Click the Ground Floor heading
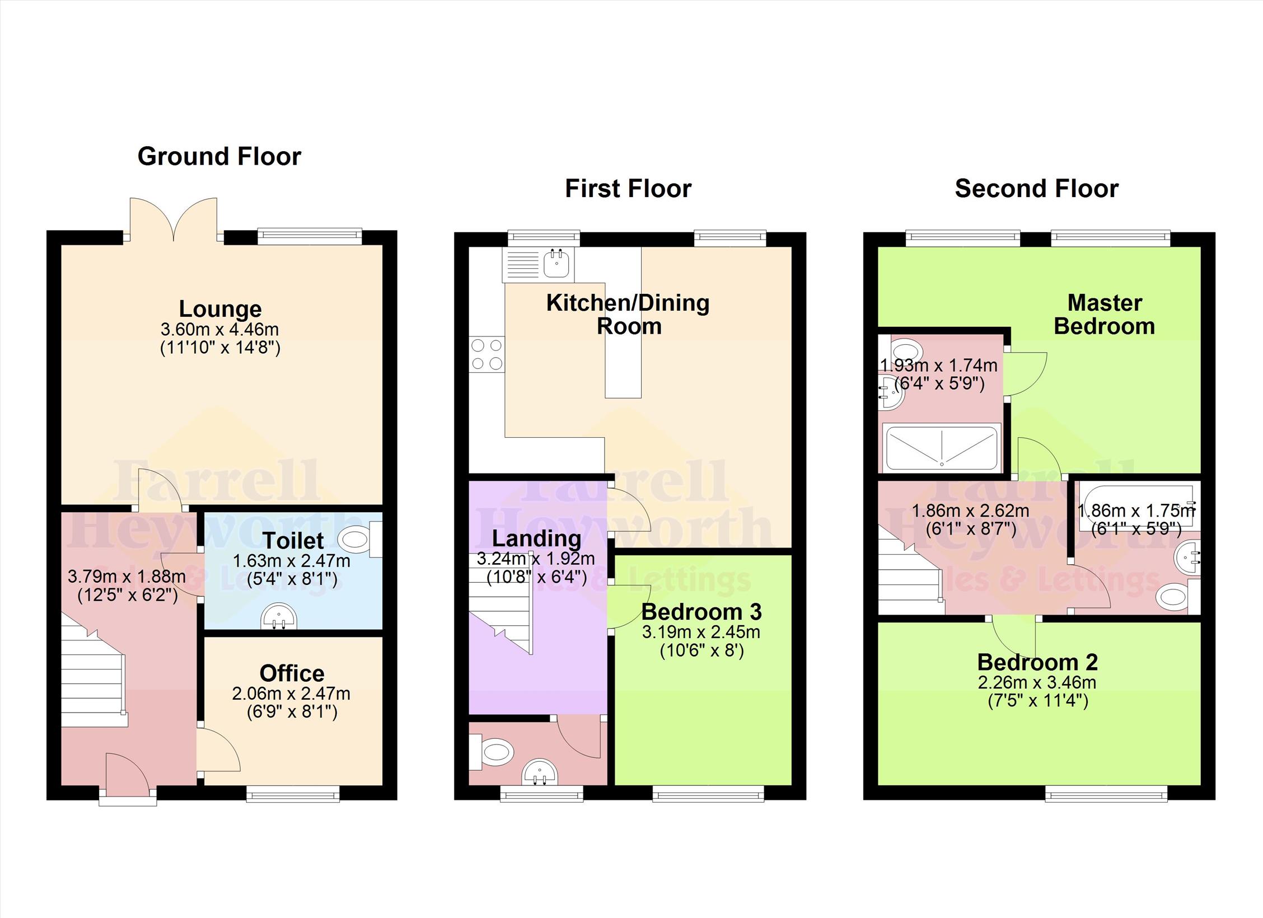(x=219, y=156)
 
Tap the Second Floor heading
(x=1036, y=189)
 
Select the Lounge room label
(x=220, y=309)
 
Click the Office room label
(x=292, y=673)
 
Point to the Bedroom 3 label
(x=701, y=612)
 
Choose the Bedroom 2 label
(x=1037, y=662)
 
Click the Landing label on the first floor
(x=536, y=538)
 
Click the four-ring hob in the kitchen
(x=487, y=354)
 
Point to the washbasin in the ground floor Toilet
(x=279, y=616)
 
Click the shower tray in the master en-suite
(x=941, y=447)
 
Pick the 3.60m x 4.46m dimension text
(x=220, y=330)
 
